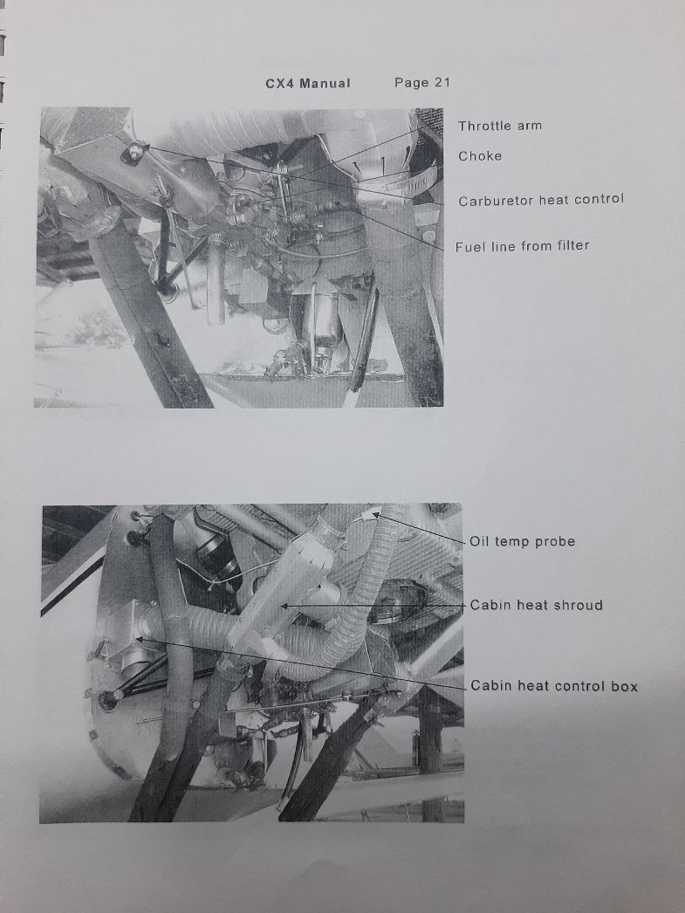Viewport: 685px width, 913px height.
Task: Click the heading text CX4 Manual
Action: pos(308,83)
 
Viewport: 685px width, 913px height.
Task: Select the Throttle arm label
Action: pos(500,126)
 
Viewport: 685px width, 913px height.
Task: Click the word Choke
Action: pos(480,156)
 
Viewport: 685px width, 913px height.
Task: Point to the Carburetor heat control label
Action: pos(541,200)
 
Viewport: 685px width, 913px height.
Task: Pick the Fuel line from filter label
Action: pos(522,246)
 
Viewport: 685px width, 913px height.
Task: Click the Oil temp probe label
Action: pos(522,541)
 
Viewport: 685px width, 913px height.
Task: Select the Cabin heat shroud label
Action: pos(536,605)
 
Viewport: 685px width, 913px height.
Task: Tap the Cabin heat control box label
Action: pos(554,686)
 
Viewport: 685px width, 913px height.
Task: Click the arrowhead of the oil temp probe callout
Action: pos(375,513)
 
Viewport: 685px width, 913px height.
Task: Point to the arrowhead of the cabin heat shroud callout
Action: pos(284,606)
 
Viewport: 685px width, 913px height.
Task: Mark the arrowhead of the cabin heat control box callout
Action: pos(139,639)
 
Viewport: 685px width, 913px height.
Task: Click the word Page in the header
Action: pos(412,83)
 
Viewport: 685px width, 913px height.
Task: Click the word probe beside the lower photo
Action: pos(555,542)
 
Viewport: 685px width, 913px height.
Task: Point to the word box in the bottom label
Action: pos(625,686)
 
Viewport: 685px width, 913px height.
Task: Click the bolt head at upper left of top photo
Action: pos(133,153)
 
